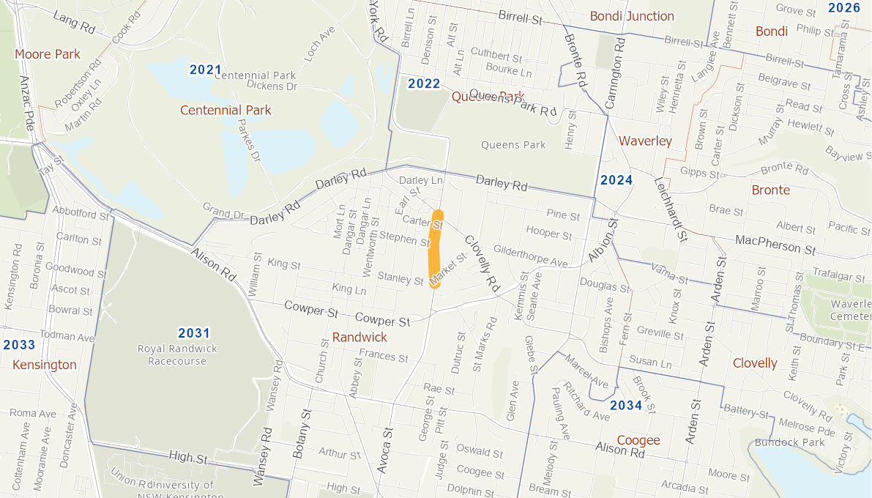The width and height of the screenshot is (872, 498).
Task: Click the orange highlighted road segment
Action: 434,249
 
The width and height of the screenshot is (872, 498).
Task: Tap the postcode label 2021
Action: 205,70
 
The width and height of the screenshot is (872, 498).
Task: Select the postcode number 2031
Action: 194,333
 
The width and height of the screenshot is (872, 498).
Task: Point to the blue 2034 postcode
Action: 626,406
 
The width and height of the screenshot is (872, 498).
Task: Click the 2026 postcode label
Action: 844,8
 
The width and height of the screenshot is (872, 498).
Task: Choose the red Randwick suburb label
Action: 359,338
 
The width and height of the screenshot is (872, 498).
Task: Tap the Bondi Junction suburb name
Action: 632,16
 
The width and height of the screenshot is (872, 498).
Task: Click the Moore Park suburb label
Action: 48,54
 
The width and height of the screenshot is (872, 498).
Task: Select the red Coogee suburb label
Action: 638,440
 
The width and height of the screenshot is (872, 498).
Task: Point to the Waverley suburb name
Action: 645,141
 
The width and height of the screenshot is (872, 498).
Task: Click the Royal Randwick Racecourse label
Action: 177,354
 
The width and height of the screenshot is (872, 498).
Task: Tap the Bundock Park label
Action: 791,442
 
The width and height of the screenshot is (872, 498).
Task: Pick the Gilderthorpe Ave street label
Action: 531,256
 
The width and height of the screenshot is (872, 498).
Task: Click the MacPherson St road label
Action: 775,244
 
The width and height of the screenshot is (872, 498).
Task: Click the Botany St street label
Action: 300,436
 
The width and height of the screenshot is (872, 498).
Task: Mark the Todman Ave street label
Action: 67,338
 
